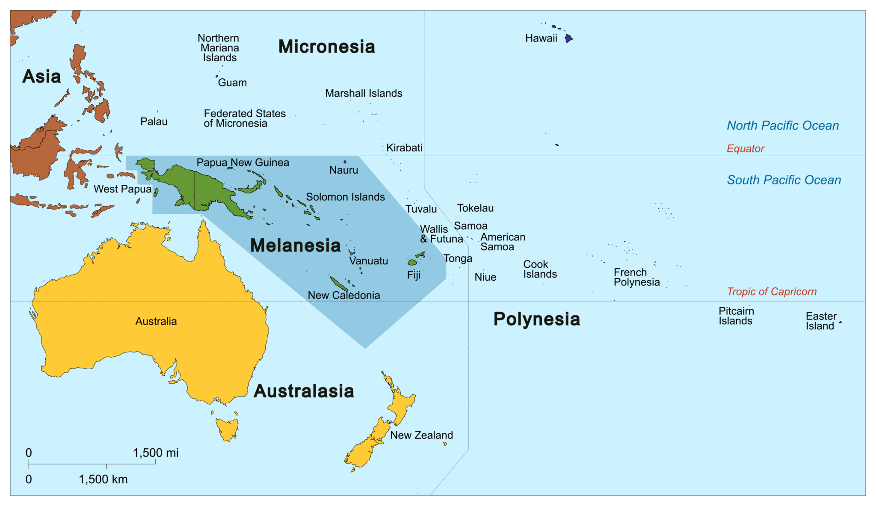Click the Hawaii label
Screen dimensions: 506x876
coord(541,38)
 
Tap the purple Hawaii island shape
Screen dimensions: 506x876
coord(568,38)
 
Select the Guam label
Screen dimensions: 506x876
coord(232,83)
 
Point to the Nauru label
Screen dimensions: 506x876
coord(343,170)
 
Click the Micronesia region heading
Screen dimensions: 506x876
coord(326,47)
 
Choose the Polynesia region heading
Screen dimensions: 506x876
coord(536,319)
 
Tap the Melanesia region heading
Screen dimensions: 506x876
coord(295,246)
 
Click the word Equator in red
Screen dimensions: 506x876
coord(745,148)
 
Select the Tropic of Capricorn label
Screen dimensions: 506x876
coord(772,292)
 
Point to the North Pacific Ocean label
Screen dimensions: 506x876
coord(783,125)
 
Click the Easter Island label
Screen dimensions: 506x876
coord(821,321)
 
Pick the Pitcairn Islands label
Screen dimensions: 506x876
coord(736,316)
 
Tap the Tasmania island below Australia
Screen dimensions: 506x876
coord(227,429)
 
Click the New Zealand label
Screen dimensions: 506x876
coord(421,435)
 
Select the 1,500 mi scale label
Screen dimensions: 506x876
coord(156,453)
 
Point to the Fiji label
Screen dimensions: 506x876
coord(414,275)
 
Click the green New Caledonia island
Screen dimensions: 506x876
coord(339,283)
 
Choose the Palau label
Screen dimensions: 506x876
coord(154,121)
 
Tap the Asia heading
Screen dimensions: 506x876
coord(41,77)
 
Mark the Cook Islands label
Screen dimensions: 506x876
coord(540,269)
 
